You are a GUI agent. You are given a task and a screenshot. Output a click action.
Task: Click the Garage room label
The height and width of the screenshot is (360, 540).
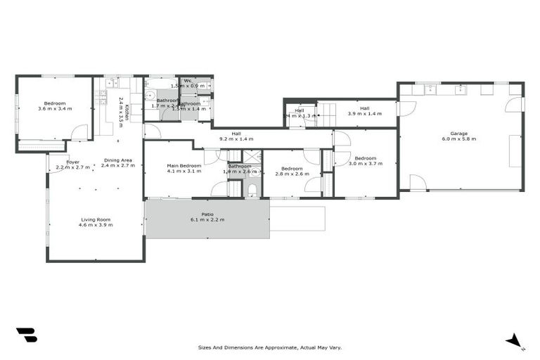pos(459,133)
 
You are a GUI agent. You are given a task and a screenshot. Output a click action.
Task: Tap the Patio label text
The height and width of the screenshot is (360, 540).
pos(207,214)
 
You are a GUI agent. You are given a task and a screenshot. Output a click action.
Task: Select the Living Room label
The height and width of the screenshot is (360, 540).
pos(95,220)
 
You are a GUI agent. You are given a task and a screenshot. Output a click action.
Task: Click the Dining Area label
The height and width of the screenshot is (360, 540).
pos(118,160)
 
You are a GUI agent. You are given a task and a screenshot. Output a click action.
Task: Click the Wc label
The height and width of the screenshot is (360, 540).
pos(188,81)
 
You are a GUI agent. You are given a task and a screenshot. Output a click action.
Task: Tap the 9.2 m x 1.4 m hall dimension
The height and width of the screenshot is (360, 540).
pos(236,139)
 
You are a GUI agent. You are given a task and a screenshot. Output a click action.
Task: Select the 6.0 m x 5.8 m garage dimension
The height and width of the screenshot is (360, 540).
pos(459,139)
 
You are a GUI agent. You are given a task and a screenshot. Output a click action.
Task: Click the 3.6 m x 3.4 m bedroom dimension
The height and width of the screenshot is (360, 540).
pos(56,110)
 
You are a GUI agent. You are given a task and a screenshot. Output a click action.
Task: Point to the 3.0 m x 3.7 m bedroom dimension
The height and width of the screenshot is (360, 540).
pos(366,164)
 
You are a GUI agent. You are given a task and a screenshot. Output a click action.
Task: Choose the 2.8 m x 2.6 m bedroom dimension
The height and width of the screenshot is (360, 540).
pos(292,174)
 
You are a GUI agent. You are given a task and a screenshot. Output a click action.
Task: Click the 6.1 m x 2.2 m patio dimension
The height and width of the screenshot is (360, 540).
pos(207,220)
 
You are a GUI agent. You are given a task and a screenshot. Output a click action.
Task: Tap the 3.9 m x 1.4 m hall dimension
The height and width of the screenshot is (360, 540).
pos(364,113)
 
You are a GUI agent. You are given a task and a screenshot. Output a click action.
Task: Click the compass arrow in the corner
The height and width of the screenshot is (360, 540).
pos(515,342)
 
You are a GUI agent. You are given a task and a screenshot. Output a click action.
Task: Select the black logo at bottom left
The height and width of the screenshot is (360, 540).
pos(26,335)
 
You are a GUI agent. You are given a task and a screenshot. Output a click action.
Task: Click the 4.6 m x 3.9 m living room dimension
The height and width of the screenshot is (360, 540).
pos(95,226)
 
